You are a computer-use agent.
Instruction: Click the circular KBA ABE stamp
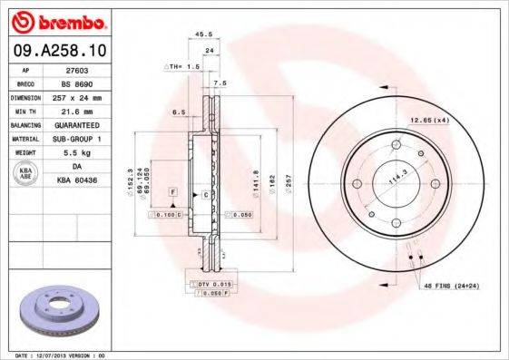pyautogui.click(x=26, y=174)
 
